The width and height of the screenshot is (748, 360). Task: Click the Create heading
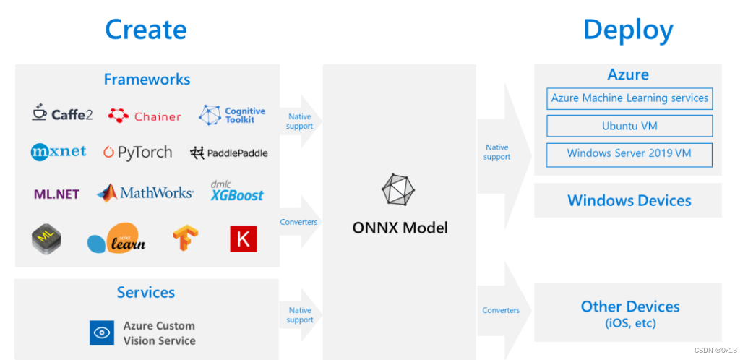pyautogui.click(x=145, y=30)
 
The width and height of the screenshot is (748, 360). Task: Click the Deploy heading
pyautogui.click(x=627, y=30)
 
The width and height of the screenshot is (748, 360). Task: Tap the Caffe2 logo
pyautogui.click(x=62, y=113)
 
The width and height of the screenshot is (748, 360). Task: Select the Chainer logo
pyautogui.click(x=145, y=116)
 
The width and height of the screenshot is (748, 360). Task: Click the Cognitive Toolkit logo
pyautogui.click(x=232, y=115)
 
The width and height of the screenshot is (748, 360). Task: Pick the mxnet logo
pyautogui.click(x=59, y=152)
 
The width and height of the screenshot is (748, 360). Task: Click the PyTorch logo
pyautogui.click(x=137, y=153)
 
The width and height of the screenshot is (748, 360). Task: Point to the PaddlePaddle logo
pyautogui.click(x=228, y=153)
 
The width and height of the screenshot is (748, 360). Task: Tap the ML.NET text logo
pyautogui.click(x=56, y=194)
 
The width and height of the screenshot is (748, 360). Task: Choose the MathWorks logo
pyautogui.click(x=145, y=192)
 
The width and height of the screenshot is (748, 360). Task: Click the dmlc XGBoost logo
pyautogui.click(x=236, y=192)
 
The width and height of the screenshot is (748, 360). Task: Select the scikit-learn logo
pyautogui.click(x=118, y=239)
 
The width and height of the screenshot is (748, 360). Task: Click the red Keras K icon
pyautogui.click(x=244, y=239)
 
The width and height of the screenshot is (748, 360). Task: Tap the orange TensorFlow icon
pyautogui.click(x=185, y=239)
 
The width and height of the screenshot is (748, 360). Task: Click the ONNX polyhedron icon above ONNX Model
pyautogui.click(x=400, y=190)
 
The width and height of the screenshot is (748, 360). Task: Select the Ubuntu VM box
pyautogui.click(x=629, y=126)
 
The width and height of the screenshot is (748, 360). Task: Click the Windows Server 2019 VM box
pyautogui.click(x=629, y=153)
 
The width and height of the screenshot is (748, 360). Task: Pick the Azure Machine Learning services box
pyautogui.click(x=629, y=98)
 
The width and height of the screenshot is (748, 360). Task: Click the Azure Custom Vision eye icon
pyautogui.click(x=102, y=333)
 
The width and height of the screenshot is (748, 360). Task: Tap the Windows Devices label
pyautogui.click(x=629, y=200)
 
